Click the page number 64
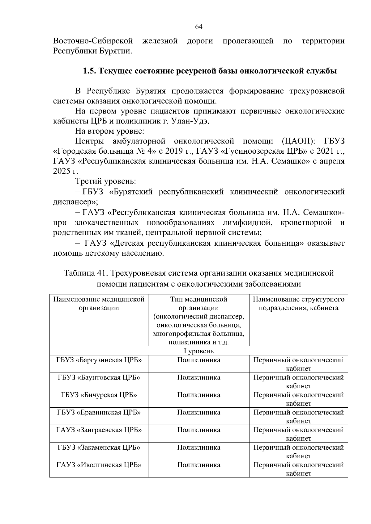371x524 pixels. tap(199, 27)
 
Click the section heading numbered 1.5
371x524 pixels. tap(210, 71)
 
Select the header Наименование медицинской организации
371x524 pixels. tap(99, 304)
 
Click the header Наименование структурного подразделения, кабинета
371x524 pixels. tap(298, 304)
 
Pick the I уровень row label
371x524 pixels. tap(199, 351)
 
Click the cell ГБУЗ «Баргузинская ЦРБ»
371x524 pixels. tap(99, 360)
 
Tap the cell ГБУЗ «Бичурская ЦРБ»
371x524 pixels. tap(99, 395)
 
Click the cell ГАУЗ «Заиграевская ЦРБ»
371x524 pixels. tap(99, 430)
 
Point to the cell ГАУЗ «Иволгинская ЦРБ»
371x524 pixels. tap(99, 465)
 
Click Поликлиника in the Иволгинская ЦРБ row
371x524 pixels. tap(199, 465)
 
